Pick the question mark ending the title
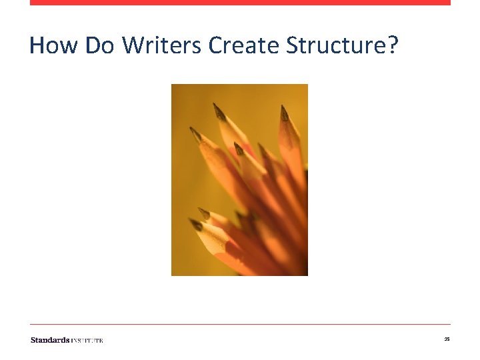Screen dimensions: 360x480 click(x=393, y=45)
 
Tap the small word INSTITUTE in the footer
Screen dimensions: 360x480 click(x=87, y=341)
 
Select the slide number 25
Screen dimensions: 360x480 click(x=447, y=340)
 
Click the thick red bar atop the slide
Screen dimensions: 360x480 click(x=240, y=3)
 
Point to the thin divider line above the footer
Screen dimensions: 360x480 click(x=240, y=325)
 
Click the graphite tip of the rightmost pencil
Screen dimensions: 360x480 click(x=284, y=113)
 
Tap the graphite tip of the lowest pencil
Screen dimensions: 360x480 click(x=196, y=225)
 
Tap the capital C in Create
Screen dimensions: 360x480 click(x=215, y=45)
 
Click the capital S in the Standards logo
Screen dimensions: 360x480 click(x=33, y=340)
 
